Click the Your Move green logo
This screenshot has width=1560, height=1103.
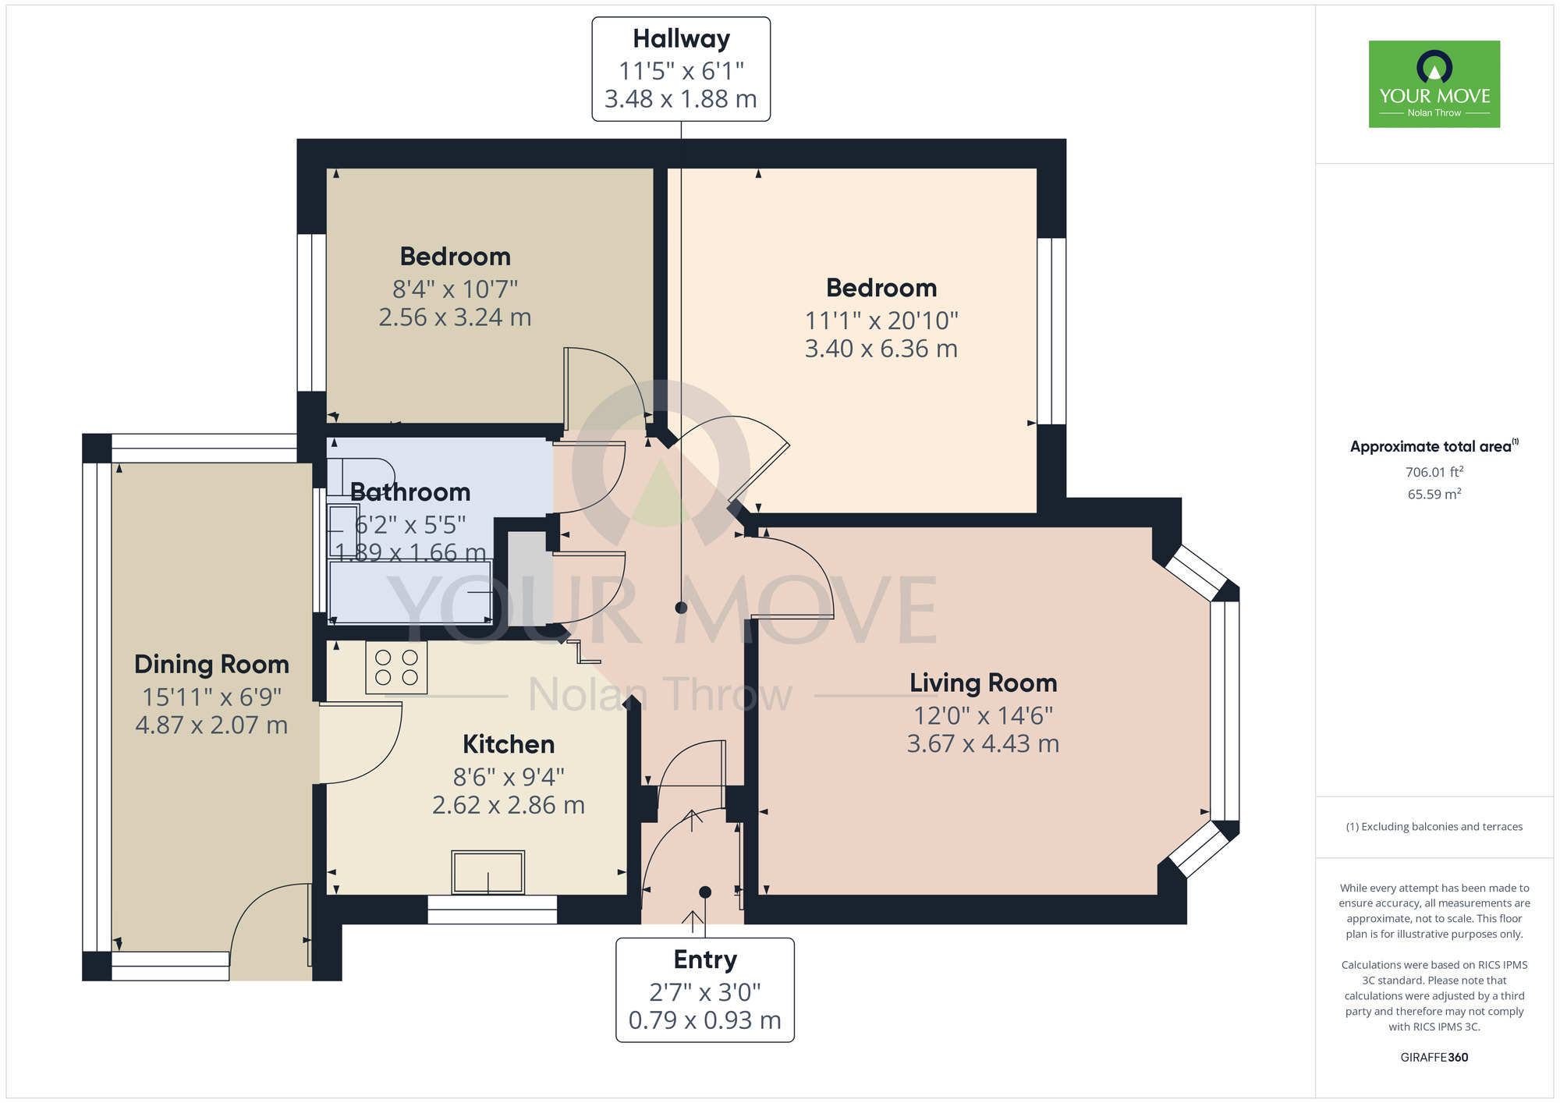(x=1434, y=84)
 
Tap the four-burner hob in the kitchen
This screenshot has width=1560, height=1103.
(x=396, y=668)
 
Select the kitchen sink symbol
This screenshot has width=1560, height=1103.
(x=488, y=872)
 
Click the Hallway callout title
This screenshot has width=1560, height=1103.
(x=681, y=38)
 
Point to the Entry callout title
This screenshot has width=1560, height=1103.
(x=705, y=959)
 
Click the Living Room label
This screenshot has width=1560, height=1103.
(x=983, y=683)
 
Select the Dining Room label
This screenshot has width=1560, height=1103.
(x=211, y=664)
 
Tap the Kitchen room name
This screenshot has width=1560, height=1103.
(x=509, y=744)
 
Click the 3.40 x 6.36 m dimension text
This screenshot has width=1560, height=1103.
(x=881, y=349)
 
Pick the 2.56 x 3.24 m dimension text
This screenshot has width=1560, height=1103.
(x=455, y=317)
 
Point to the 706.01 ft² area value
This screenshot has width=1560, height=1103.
(x=1434, y=472)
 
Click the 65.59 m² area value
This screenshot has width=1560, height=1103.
(x=1434, y=494)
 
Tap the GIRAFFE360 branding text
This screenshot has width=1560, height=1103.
(x=1434, y=1058)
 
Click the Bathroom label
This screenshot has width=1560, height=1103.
(x=410, y=492)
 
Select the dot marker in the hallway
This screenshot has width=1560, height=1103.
(x=681, y=608)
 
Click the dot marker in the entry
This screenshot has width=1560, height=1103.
(x=705, y=892)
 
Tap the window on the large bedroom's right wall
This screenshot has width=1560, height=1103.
(x=1051, y=332)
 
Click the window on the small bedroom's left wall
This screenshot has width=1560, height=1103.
(x=312, y=313)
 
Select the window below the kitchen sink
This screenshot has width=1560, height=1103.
(x=492, y=910)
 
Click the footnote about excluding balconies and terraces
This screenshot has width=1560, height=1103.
(x=1434, y=827)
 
